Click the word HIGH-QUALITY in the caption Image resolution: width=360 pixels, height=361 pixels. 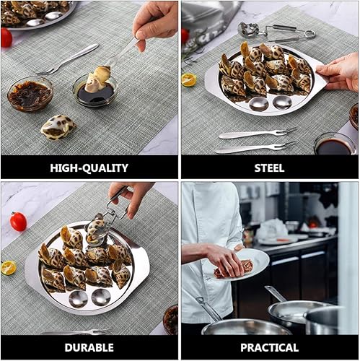[89, 168]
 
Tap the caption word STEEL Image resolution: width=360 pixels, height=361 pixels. [269, 168]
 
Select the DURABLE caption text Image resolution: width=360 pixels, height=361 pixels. [89, 348]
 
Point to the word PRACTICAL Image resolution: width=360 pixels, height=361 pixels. [270, 348]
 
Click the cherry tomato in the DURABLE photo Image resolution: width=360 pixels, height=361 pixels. [18, 222]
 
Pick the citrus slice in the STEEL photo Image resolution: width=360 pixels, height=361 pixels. [189, 80]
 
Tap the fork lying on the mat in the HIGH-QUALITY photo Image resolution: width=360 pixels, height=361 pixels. [67, 59]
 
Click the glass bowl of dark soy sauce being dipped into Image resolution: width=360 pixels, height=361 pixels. [95, 92]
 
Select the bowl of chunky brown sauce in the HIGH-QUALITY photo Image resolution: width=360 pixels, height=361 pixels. [30, 94]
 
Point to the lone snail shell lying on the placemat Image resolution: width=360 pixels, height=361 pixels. [58, 127]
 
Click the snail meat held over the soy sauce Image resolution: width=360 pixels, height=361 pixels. [99, 79]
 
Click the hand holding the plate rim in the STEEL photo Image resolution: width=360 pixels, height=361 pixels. [339, 71]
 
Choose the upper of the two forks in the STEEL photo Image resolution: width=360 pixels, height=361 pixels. [258, 134]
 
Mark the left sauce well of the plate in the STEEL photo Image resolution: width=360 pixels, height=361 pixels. [258, 104]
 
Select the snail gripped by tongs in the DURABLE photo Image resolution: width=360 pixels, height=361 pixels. [96, 229]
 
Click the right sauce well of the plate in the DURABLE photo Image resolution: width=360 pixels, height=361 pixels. [101, 297]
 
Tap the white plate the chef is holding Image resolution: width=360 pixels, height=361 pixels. [243, 265]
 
